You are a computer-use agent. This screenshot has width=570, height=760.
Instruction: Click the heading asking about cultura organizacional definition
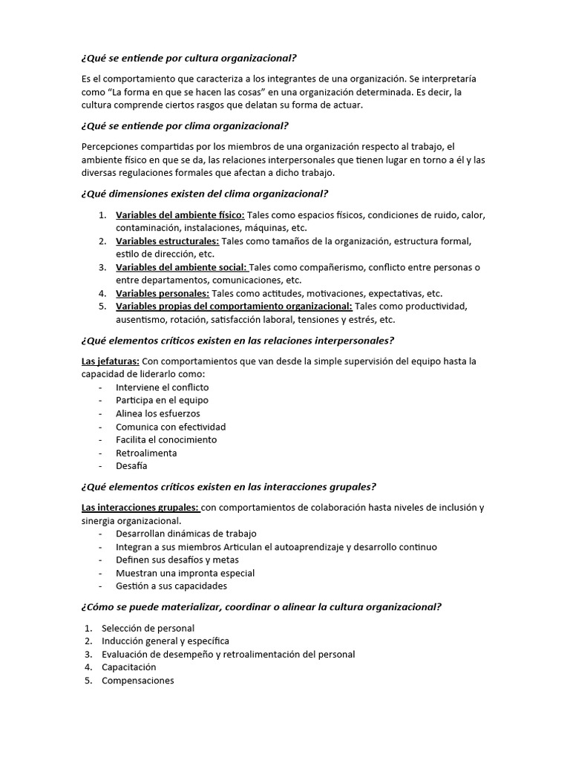tap(192, 59)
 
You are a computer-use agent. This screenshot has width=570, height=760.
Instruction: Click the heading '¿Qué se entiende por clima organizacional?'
tap(185, 125)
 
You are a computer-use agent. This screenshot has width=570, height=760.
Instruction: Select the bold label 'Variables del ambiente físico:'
tap(180, 215)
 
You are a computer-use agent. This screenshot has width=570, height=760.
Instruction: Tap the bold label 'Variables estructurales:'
tap(167, 241)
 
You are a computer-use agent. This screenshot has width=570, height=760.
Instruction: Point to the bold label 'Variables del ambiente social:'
tap(181, 267)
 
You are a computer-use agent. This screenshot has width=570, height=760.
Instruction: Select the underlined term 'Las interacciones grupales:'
tap(140, 508)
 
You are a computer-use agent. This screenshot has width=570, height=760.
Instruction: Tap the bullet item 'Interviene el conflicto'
tap(162, 387)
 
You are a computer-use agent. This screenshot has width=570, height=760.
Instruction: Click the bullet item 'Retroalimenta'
tap(146, 453)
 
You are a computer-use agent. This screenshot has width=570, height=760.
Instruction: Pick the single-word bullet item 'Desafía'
tap(131, 466)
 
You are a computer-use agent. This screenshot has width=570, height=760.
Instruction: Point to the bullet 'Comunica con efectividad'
tap(171, 427)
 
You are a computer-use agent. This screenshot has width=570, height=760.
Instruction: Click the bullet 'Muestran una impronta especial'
tap(185, 573)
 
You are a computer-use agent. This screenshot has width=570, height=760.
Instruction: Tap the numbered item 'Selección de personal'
tap(148, 628)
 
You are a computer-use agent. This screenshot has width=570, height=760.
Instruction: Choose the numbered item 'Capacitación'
tap(128, 667)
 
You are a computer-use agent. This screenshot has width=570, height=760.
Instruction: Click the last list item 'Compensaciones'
tap(137, 681)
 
